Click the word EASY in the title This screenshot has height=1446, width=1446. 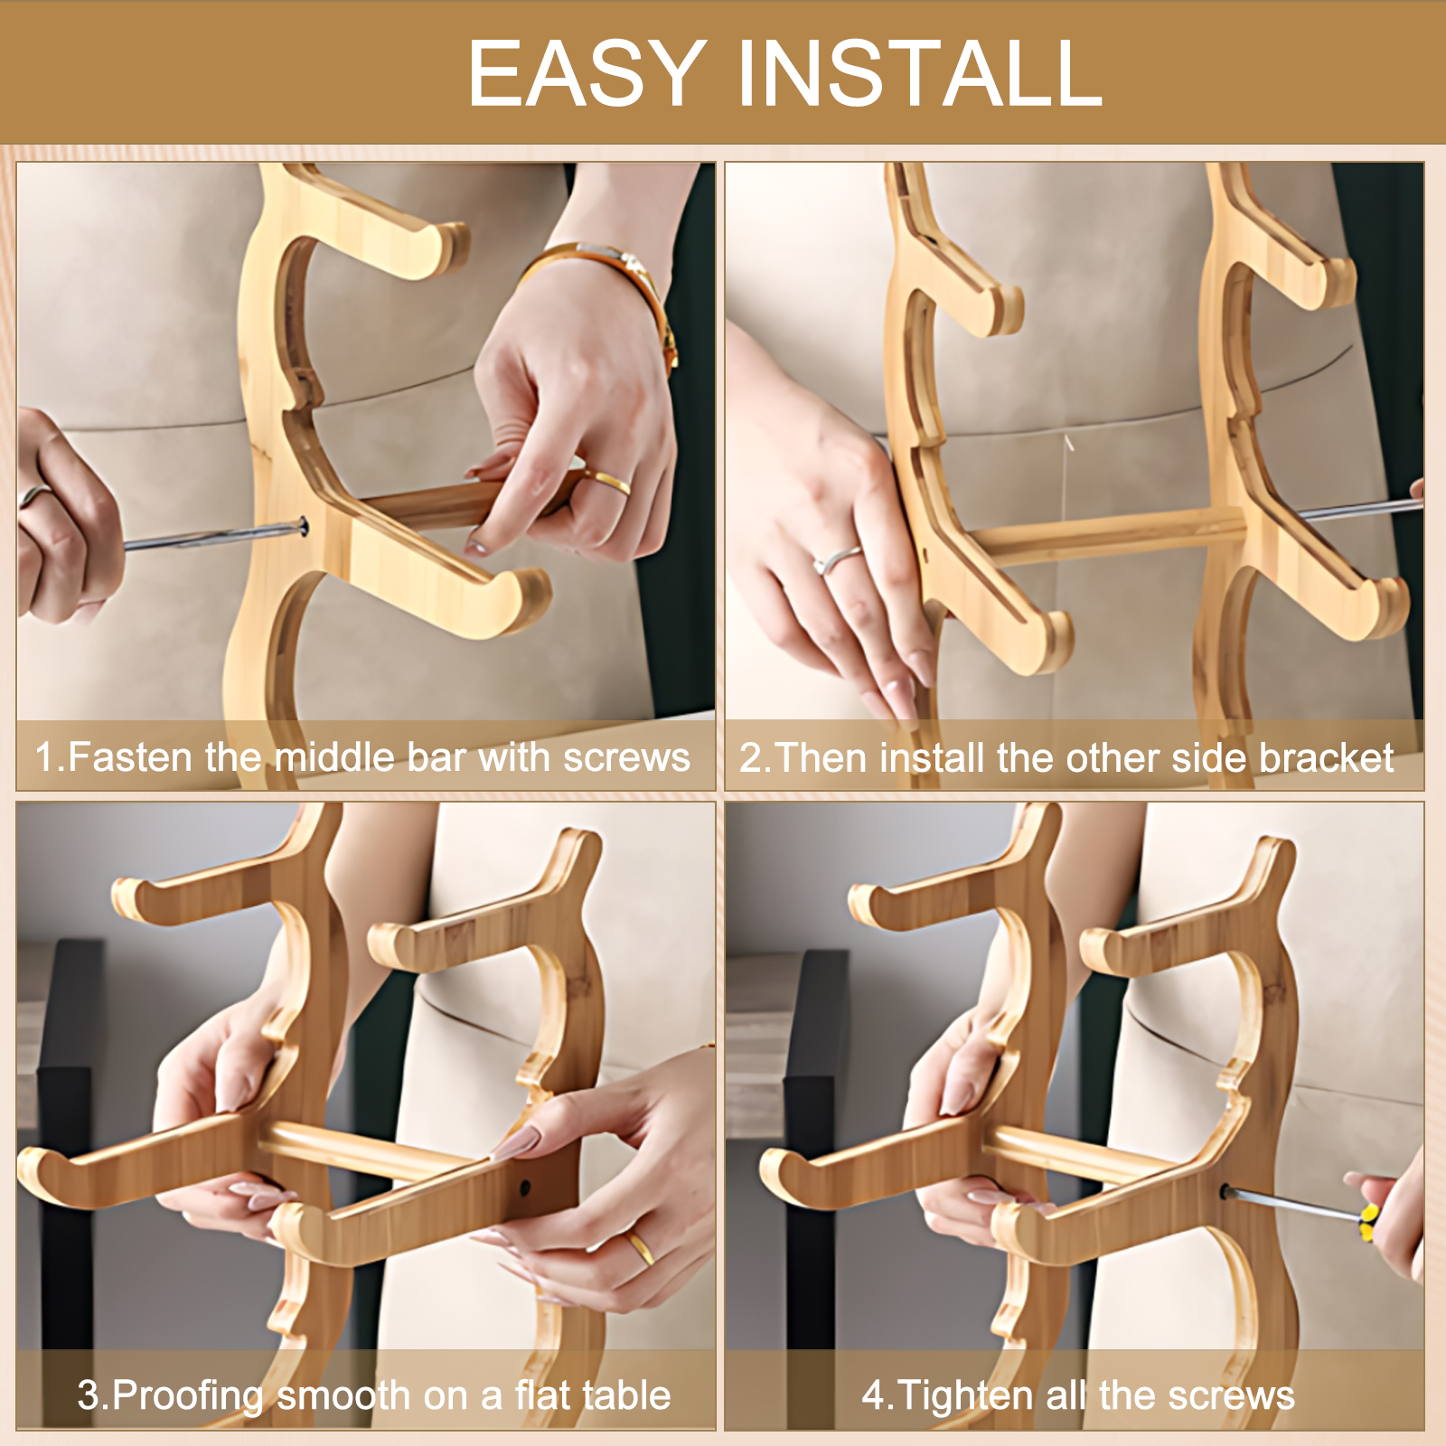pos(587,73)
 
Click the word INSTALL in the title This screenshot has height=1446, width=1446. pos(921,73)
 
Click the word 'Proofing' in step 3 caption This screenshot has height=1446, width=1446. pos(189,1396)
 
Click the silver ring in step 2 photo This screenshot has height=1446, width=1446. pos(837,560)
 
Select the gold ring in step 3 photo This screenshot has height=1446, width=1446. pos(640,1247)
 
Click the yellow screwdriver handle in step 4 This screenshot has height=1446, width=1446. pos(1368,1223)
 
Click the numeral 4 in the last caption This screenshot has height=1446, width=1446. pos(873,1395)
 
